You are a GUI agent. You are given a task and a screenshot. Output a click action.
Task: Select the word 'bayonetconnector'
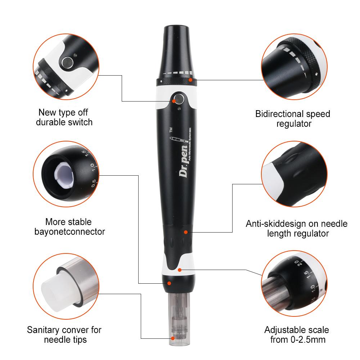69,231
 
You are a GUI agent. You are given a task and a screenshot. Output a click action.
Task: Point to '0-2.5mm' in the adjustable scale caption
308,339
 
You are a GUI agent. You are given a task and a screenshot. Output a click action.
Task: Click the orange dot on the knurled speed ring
190,80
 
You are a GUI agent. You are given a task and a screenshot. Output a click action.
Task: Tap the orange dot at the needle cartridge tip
173,338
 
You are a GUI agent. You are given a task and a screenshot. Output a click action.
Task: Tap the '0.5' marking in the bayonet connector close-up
94,183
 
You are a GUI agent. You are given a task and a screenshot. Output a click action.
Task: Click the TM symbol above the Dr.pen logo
171,130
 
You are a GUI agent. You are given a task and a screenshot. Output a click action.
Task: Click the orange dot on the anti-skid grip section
186,232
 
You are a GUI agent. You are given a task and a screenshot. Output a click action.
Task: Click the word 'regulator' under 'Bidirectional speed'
294,124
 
